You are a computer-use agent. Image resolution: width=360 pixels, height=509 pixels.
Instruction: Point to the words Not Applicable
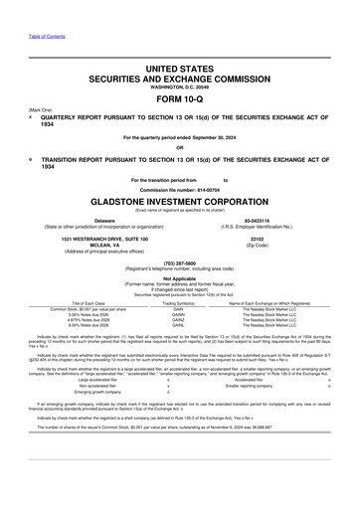click(x=179, y=278)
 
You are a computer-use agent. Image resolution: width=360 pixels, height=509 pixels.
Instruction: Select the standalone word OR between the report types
click(x=179, y=148)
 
